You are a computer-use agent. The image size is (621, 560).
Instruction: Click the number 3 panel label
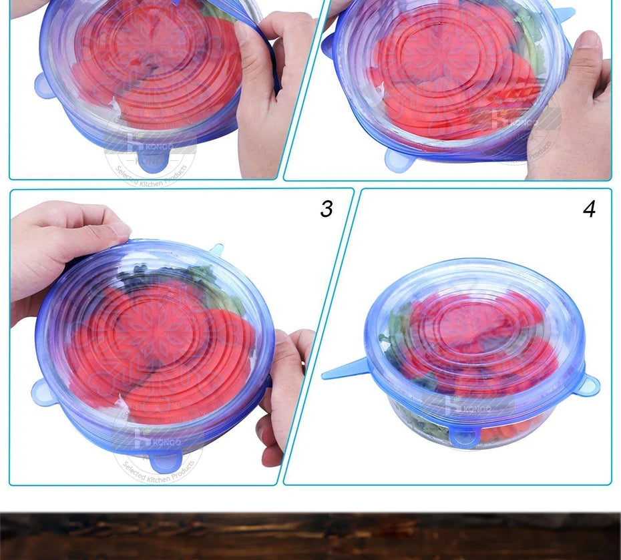coord(326,209)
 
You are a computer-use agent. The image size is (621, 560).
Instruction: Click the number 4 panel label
coord(588,209)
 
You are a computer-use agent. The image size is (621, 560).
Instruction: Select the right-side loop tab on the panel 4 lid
coord(588,385)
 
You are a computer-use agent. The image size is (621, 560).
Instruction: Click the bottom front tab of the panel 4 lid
coord(465,438)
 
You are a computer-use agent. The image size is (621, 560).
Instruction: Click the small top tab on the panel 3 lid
coord(216,250)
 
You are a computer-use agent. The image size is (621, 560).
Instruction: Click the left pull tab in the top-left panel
coord(45,86)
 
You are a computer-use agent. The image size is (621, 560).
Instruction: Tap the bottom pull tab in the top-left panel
coord(152,162)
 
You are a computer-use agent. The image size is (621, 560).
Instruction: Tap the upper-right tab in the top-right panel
coord(564,13)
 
